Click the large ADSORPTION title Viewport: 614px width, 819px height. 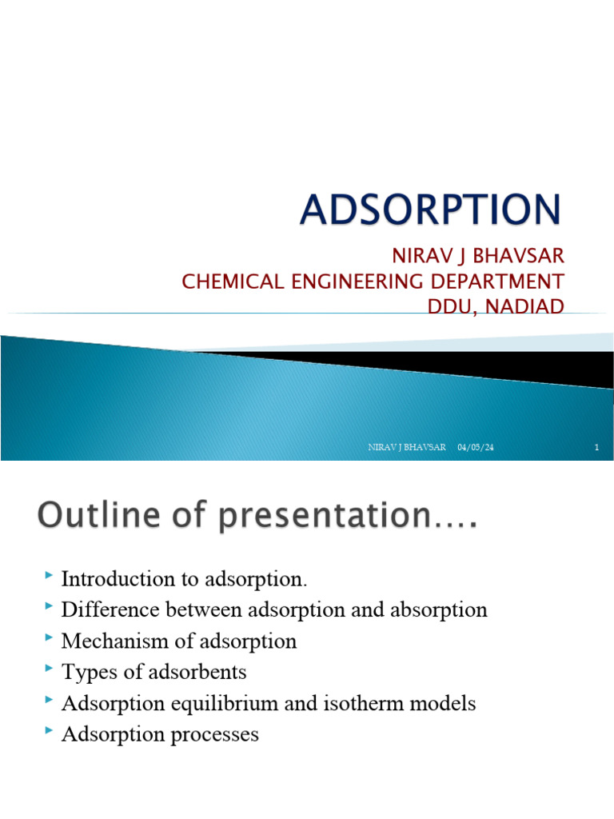[x=431, y=210]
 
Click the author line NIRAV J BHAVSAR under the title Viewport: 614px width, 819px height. [x=477, y=257]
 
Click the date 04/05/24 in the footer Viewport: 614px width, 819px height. [x=476, y=448]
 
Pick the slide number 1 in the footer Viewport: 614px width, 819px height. [x=596, y=448]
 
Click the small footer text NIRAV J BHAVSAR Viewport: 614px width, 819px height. [x=407, y=448]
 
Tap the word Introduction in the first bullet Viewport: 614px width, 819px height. [x=120, y=578]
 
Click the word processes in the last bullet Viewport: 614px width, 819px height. [x=215, y=735]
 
